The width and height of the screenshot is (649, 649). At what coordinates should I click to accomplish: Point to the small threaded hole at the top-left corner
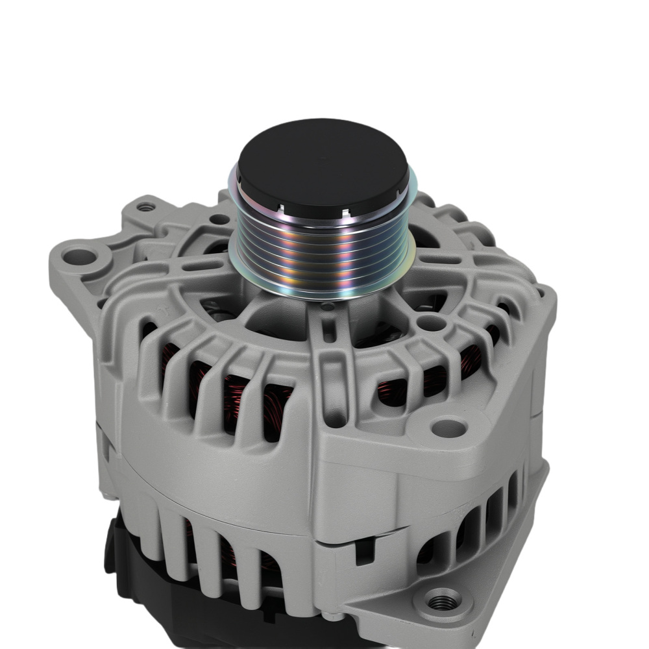[x=147, y=208]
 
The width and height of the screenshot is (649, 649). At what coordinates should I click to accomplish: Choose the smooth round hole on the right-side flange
[x=449, y=427]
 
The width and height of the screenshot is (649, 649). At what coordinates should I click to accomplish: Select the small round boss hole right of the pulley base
[x=428, y=323]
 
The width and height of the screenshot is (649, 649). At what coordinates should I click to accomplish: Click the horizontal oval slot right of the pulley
[x=441, y=260]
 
